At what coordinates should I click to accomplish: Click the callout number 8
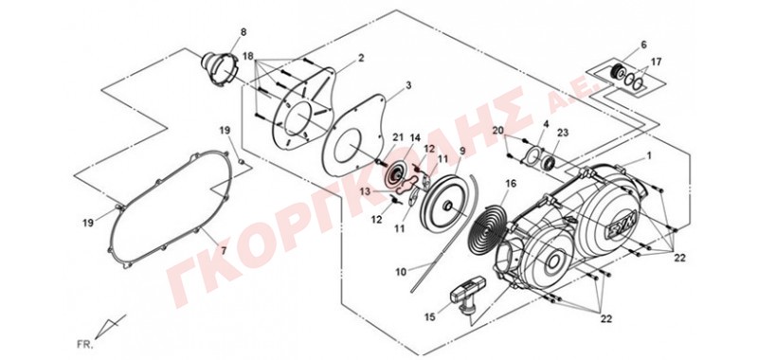(244, 32)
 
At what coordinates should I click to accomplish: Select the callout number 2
(361, 58)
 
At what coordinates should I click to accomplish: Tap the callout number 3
(408, 85)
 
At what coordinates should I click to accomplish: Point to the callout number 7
(224, 250)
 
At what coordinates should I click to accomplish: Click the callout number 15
(430, 317)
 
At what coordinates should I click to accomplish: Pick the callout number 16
(511, 184)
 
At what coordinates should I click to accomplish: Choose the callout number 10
(401, 272)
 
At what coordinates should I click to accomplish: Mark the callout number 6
(643, 45)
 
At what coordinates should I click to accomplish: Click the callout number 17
(656, 62)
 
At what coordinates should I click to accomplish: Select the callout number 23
(564, 133)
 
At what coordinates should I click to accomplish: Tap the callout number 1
(649, 156)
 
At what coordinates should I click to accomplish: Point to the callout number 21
(397, 137)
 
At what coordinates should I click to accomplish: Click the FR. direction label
(83, 345)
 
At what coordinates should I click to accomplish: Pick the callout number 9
(462, 151)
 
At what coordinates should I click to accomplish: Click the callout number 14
(416, 137)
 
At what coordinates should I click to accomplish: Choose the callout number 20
(498, 130)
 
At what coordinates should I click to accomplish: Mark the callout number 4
(546, 124)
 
